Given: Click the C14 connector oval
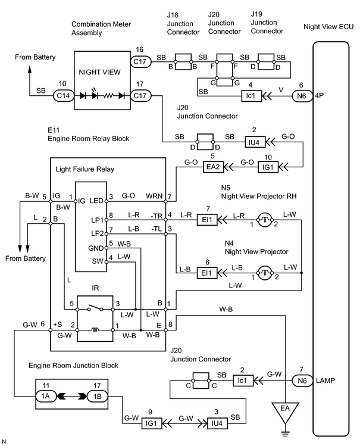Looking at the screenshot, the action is pyautogui.click(x=63, y=95).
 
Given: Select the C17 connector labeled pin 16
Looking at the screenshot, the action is pyautogui.click(x=140, y=62).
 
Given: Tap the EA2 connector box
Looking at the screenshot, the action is pyautogui.click(x=213, y=167).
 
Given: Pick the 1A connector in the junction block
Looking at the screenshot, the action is pyautogui.click(x=46, y=396).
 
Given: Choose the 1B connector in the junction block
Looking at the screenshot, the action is pyautogui.click(x=97, y=396).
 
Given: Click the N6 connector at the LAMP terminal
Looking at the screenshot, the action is pyautogui.click(x=302, y=380).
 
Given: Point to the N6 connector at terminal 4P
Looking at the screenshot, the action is pyautogui.click(x=302, y=96).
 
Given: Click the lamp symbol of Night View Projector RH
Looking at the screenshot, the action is pyautogui.click(x=264, y=219).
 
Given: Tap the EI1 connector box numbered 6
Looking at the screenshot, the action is pyautogui.click(x=206, y=273).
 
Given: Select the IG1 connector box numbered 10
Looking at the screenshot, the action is pyautogui.click(x=268, y=167).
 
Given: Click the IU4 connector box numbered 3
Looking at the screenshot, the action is pyautogui.click(x=217, y=423).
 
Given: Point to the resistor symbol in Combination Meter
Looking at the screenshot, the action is pyautogui.click(x=108, y=96).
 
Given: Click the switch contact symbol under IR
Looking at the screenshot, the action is pyautogui.click(x=95, y=308).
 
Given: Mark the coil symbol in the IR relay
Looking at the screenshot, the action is pyautogui.click(x=95, y=330).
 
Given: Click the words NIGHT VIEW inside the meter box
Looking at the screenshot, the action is pyautogui.click(x=99, y=72).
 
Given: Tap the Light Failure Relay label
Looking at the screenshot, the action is pyautogui.click(x=84, y=169).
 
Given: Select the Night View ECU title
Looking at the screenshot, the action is pyautogui.click(x=328, y=27).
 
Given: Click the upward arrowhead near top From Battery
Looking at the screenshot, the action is pyautogui.click(x=30, y=70).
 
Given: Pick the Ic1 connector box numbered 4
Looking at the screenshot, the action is pyautogui.click(x=251, y=95).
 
